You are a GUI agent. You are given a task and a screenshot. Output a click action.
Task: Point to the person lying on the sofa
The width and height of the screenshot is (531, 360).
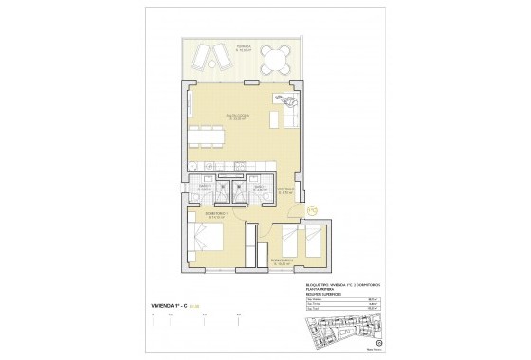284,101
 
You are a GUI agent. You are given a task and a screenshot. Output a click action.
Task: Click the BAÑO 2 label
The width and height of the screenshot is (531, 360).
258,188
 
